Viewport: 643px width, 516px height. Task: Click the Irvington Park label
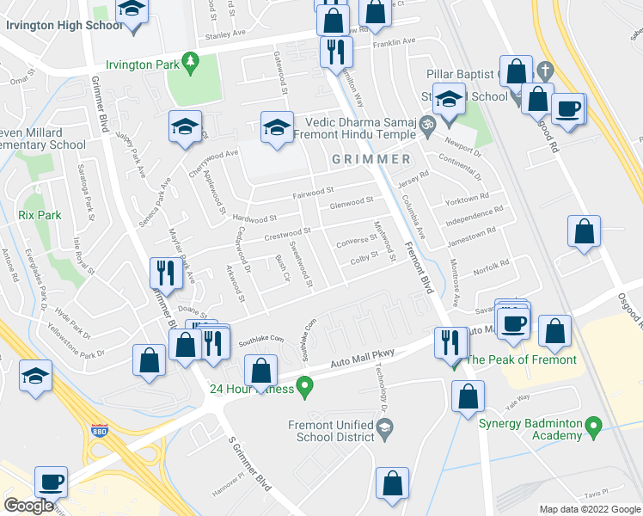click(x=142, y=64)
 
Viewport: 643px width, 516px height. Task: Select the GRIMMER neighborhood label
click(x=371, y=159)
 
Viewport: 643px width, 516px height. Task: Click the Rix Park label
click(x=40, y=214)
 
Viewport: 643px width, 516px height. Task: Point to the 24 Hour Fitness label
click(x=251, y=388)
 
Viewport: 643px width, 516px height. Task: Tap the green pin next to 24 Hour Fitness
click(x=303, y=387)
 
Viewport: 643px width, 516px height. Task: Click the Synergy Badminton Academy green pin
click(x=592, y=425)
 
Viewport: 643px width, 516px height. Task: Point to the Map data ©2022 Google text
click(x=589, y=509)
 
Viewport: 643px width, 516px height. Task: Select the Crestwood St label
click(x=286, y=233)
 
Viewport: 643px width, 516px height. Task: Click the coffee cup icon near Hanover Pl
click(x=51, y=482)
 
